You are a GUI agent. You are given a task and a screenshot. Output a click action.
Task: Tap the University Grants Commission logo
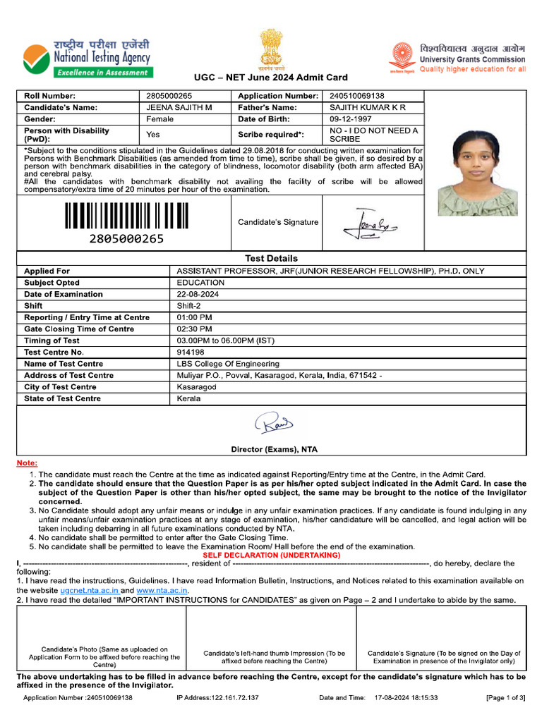pos(457,59)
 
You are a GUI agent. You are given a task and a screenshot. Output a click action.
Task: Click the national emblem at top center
pos(270,48)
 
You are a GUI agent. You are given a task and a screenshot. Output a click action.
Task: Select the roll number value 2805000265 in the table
pos(169,96)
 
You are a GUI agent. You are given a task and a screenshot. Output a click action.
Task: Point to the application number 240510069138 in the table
pos(357,96)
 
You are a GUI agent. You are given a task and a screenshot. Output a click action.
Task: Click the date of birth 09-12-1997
pos(351,119)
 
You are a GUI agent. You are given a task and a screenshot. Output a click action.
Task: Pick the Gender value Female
pos(159,119)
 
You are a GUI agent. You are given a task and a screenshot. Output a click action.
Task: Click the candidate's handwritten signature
pos(368,224)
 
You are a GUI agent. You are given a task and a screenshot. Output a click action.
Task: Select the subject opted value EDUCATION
pos(200,283)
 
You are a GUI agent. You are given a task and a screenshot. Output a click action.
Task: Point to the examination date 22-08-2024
pos(198,294)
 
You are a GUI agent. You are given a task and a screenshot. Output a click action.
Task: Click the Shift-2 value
pos(189,306)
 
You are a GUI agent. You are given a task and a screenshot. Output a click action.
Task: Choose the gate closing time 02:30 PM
pos(194,329)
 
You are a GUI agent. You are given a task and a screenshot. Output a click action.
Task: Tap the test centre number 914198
pos(191,352)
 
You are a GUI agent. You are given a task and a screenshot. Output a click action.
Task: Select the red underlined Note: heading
pos(27,463)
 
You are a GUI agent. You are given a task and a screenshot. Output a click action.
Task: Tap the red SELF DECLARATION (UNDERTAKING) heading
pos(271,555)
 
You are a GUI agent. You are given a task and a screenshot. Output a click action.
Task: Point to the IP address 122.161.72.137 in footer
pos(217,697)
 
